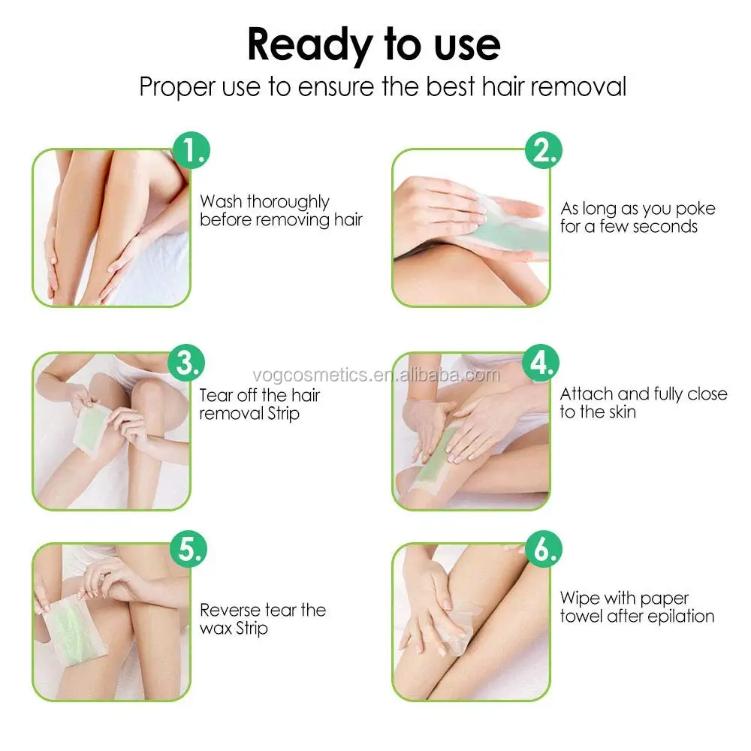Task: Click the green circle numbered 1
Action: pos(191,150)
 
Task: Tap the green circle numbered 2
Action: pos(544,150)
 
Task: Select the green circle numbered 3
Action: pos(186,363)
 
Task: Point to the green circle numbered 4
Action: pos(541,363)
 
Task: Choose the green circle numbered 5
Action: pos(189,549)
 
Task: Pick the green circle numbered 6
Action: pos(544,549)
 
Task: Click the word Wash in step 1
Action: pos(221,201)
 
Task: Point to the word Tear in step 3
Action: pos(216,395)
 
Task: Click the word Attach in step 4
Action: pos(587,394)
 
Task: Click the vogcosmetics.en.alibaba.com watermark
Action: pos(376,375)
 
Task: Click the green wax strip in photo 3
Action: pos(91,429)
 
